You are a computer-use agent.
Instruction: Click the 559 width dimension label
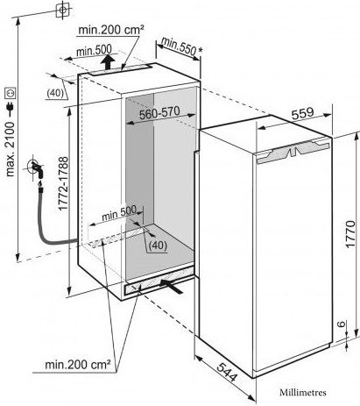(x=303, y=113)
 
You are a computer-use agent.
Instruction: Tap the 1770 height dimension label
(x=349, y=234)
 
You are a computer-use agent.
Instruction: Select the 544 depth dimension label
(x=227, y=372)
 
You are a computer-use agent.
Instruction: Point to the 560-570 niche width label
(x=159, y=113)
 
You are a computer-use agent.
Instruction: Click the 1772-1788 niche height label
(x=63, y=183)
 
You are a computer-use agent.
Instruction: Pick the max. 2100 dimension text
(x=11, y=149)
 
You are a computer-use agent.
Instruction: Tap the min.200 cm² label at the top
(x=110, y=30)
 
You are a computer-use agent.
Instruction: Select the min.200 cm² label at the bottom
(x=78, y=365)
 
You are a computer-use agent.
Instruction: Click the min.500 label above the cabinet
(x=94, y=51)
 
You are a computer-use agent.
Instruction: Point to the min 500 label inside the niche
(x=119, y=214)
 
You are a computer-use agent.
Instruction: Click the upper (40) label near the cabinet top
(x=55, y=93)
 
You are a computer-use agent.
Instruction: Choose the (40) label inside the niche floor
(x=158, y=246)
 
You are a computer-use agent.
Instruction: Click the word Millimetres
(x=303, y=392)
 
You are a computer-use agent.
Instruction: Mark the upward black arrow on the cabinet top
(x=108, y=62)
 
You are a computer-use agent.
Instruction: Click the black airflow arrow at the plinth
(x=172, y=285)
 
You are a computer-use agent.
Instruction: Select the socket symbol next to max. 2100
(x=11, y=93)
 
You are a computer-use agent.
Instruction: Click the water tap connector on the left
(x=38, y=169)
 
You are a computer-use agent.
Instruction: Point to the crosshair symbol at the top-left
(x=63, y=10)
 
